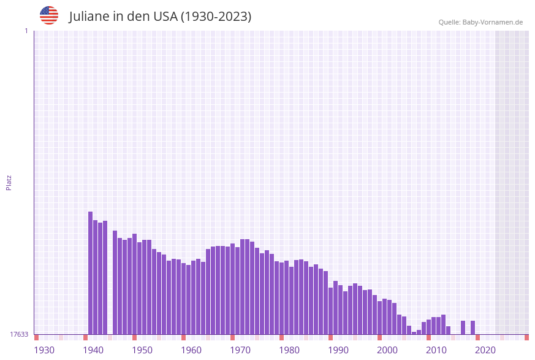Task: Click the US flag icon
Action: coord(49,15)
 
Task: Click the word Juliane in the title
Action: coord(89,17)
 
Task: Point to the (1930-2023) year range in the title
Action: coord(216,17)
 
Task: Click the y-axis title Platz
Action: coord(9,182)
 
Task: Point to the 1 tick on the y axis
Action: coord(26,31)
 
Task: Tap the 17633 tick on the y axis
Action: coord(19,334)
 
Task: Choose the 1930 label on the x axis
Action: coord(44,350)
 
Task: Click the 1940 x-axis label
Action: coord(93,350)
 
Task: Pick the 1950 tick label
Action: coord(142,350)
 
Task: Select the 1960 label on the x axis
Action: coord(191,350)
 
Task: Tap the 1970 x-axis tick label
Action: coord(240,350)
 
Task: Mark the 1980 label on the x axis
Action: coord(289,350)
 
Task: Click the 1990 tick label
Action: coord(338,350)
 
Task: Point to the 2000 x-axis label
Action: coord(387,350)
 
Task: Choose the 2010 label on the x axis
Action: coord(436,350)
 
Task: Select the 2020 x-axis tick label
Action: coord(485,350)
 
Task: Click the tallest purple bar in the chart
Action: coord(91,273)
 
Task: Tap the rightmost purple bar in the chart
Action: coord(473,327)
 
